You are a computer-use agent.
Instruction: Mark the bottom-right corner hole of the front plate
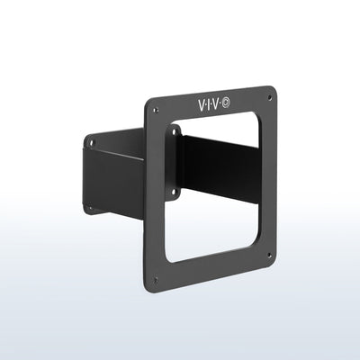(269, 255)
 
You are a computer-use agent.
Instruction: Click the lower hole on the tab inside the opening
(175, 190)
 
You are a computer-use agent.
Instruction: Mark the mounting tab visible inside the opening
(175, 162)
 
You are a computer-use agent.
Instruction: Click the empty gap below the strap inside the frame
(216, 229)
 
